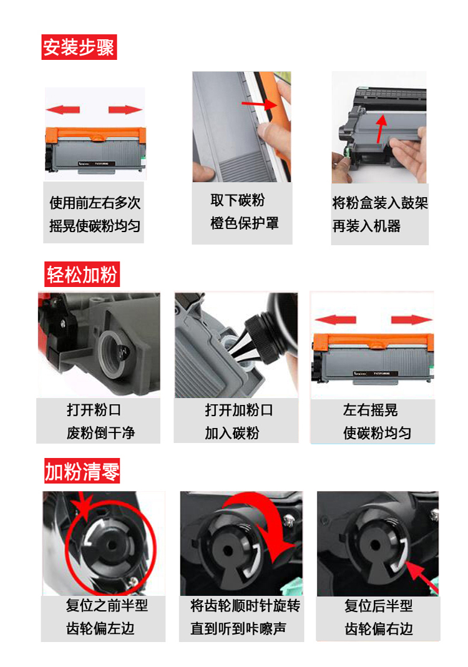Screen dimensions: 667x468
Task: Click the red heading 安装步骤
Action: pyautogui.click(x=79, y=47)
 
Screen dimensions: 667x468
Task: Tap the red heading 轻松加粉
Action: pyautogui.click(x=81, y=274)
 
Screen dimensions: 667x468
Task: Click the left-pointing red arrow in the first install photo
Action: pyautogui.click(x=63, y=110)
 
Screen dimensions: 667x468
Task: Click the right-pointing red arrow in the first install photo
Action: pyautogui.click(x=125, y=110)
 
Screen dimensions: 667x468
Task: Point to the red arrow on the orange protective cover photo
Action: pyautogui.click(x=257, y=103)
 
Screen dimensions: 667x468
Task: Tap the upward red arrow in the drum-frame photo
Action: pyautogui.click(x=378, y=131)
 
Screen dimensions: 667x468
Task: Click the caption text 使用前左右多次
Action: pyautogui.click(x=95, y=203)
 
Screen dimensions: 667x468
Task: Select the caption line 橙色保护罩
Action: pyautogui.click(x=244, y=223)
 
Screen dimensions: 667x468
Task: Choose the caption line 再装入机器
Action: pyautogui.click(x=366, y=226)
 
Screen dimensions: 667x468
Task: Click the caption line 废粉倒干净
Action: pyautogui.click(x=100, y=432)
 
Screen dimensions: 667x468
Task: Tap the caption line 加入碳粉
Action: pyautogui.click(x=232, y=433)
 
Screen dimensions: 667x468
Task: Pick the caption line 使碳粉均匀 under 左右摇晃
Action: pyautogui.click(x=377, y=433)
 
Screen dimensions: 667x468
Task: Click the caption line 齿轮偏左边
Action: pyautogui.click(x=100, y=628)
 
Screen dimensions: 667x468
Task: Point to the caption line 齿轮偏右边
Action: pyautogui.click(x=379, y=628)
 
